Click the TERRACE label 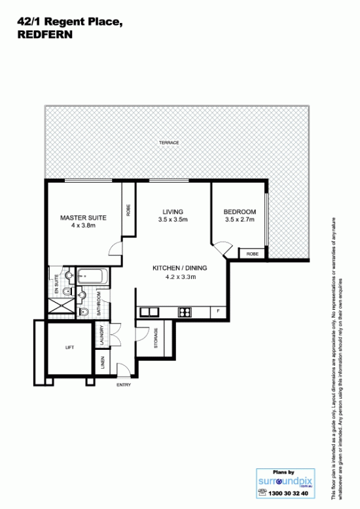click(x=169, y=143)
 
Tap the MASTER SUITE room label click(x=83, y=218)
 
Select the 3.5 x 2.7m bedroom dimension click(x=240, y=219)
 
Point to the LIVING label click(x=173, y=212)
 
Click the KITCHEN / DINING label click(x=180, y=268)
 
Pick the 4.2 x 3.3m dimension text click(x=180, y=277)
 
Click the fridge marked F click(x=218, y=311)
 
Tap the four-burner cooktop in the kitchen click(x=185, y=312)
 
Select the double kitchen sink click(x=149, y=312)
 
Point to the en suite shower click(x=62, y=307)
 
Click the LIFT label click(x=70, y=347)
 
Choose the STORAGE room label click(x=156, y=338)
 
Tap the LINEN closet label click(x=103, y=363)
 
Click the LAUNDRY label click(x=101, y=335)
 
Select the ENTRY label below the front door click(x=124, y=385)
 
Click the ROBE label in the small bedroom click(x=252, y=254)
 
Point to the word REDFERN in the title click(x=45, y=34)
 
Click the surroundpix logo click(x=285, y=481)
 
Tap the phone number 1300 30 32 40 click(x=288, y=493)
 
